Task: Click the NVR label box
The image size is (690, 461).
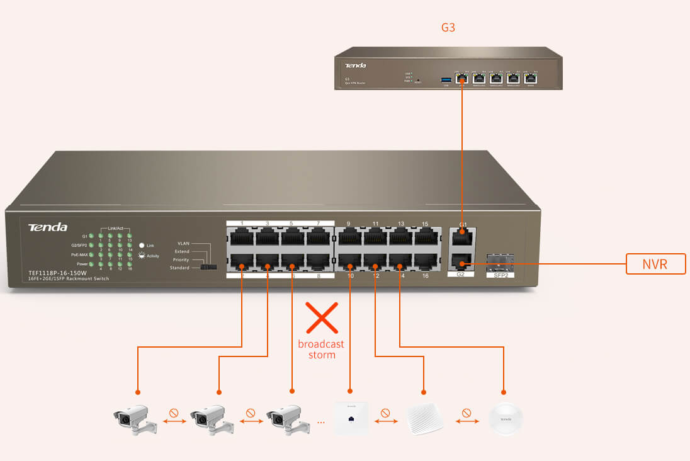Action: [655, 265]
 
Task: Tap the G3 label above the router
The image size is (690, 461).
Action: [448, 28]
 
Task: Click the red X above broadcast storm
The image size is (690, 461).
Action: [322, 317]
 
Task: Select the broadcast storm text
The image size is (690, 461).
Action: [321, 350]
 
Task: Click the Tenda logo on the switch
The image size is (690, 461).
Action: [47, 227]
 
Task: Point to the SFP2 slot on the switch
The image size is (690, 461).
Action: [501, 261]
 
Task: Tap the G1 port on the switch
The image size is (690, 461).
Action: [461, 238]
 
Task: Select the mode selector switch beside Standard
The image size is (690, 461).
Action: [208, 268]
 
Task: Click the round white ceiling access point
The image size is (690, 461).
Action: [506, 417]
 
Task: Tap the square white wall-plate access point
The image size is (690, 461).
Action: [351, 417]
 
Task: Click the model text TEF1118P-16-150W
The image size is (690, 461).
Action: [57, 273]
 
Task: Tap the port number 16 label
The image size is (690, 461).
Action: [425, 276]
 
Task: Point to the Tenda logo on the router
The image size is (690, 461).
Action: [355, 65]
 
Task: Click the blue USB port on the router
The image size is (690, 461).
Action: [446, 79]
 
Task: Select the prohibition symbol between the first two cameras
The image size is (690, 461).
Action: [174, 414]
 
